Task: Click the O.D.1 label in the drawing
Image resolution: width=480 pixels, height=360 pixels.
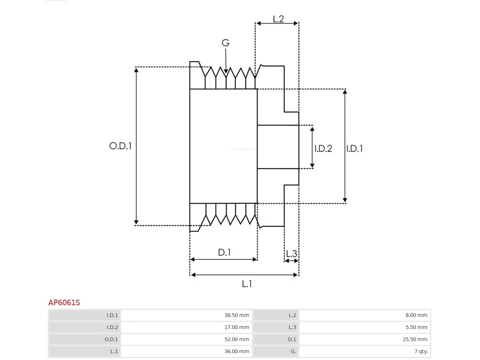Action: click(x=120, y=146)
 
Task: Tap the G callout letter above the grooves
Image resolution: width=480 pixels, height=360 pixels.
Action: click(x=225, y=43)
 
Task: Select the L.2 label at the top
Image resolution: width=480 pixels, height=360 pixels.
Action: click(x=278, y=19)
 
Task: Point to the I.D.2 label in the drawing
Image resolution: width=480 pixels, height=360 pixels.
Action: click(x=323, y=148)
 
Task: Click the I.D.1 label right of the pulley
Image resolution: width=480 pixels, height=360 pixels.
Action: click(x=354, y=148)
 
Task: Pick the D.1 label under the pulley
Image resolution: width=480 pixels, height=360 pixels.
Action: click(x=224, y=252)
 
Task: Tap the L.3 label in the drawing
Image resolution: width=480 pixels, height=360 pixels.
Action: click(x=292, y=254)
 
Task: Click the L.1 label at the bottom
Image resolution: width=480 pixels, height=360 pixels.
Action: click(x=247, y=284)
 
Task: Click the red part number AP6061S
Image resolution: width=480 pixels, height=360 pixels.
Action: click(x=64, y=303)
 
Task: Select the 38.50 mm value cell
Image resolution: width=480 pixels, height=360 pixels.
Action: click(x=186, y=315)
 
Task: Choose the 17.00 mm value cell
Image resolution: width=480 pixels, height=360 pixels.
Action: click(x=186, y=327)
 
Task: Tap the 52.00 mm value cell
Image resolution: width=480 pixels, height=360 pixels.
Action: click(x=186, y=339)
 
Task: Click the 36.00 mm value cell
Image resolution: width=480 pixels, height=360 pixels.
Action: click(x=186, y=351)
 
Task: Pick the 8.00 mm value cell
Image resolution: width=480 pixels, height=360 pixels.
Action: click(x=365, y=315)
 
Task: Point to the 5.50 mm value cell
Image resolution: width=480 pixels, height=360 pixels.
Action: click(x=365, y=327)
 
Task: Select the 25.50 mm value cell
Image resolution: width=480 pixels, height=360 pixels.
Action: click(x=365, y=339)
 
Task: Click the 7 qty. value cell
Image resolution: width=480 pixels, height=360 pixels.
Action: click(x=365, y=351)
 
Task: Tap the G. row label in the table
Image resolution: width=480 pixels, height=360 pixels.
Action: click(x=293, y=351)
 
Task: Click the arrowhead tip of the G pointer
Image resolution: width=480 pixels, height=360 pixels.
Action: click(x=226, y=73)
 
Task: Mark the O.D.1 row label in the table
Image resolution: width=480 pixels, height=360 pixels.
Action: click(x=111, y=339)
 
